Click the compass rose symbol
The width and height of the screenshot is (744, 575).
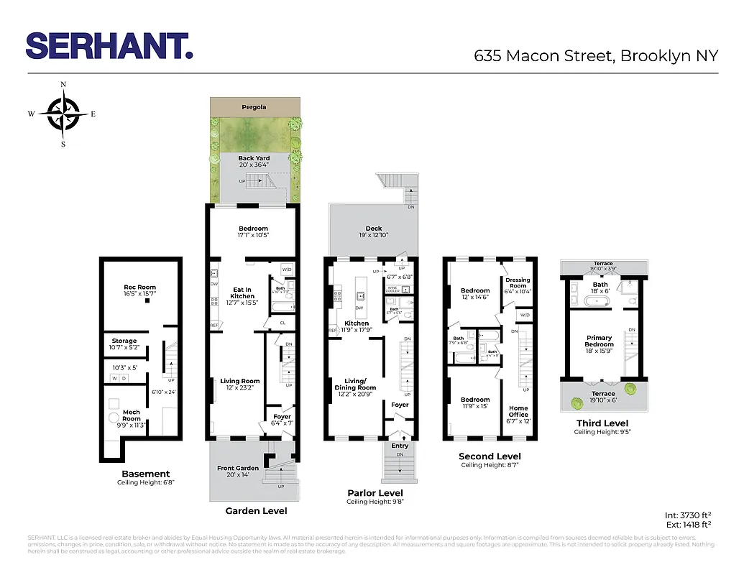63,114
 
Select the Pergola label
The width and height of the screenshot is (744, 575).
253,107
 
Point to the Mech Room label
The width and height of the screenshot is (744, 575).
132,415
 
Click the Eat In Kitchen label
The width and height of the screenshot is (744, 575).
242,293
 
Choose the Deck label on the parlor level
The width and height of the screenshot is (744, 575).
374,229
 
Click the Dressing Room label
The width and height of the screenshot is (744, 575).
518,282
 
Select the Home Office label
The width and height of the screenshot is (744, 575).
518,411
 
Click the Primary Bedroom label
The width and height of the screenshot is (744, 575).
599,341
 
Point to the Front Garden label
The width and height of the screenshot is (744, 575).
237,469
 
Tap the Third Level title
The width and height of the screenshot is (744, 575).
602,423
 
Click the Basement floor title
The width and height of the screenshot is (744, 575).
146,474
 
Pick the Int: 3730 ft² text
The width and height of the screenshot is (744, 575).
688,515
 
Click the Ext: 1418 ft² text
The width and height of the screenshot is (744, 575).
688,525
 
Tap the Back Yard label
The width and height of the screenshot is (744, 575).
254,158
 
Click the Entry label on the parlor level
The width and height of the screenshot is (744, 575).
400,446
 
